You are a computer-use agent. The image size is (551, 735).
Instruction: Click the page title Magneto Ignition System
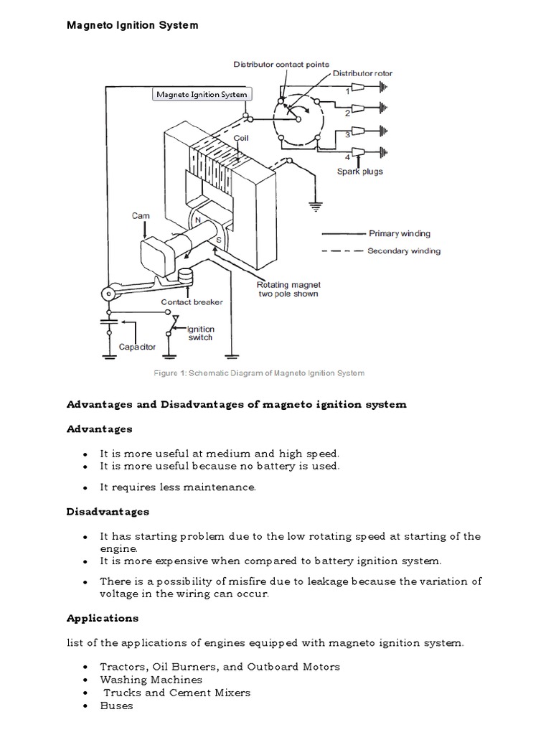[132, 25]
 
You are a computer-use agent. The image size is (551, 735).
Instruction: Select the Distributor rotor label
[362, 73]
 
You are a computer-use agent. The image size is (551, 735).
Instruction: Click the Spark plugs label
[359, 172]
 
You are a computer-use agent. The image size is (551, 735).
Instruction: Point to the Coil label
[242, 136]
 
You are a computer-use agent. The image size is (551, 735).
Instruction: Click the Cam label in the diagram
[140, 215]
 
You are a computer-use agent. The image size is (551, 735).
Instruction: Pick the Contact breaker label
[192, 302]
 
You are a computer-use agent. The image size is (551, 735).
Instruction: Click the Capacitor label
[137, 347]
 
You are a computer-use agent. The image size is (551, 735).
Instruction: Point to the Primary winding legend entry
[399, 233]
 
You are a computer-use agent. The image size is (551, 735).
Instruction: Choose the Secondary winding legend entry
[404, 251]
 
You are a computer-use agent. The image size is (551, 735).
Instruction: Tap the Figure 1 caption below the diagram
[259, 373]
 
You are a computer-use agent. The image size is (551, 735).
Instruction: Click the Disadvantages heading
[108, 511]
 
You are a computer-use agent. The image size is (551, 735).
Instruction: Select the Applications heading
[103, 617]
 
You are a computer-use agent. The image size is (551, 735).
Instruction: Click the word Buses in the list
[116, 706]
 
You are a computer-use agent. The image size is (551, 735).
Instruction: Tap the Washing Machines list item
[151, 679]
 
